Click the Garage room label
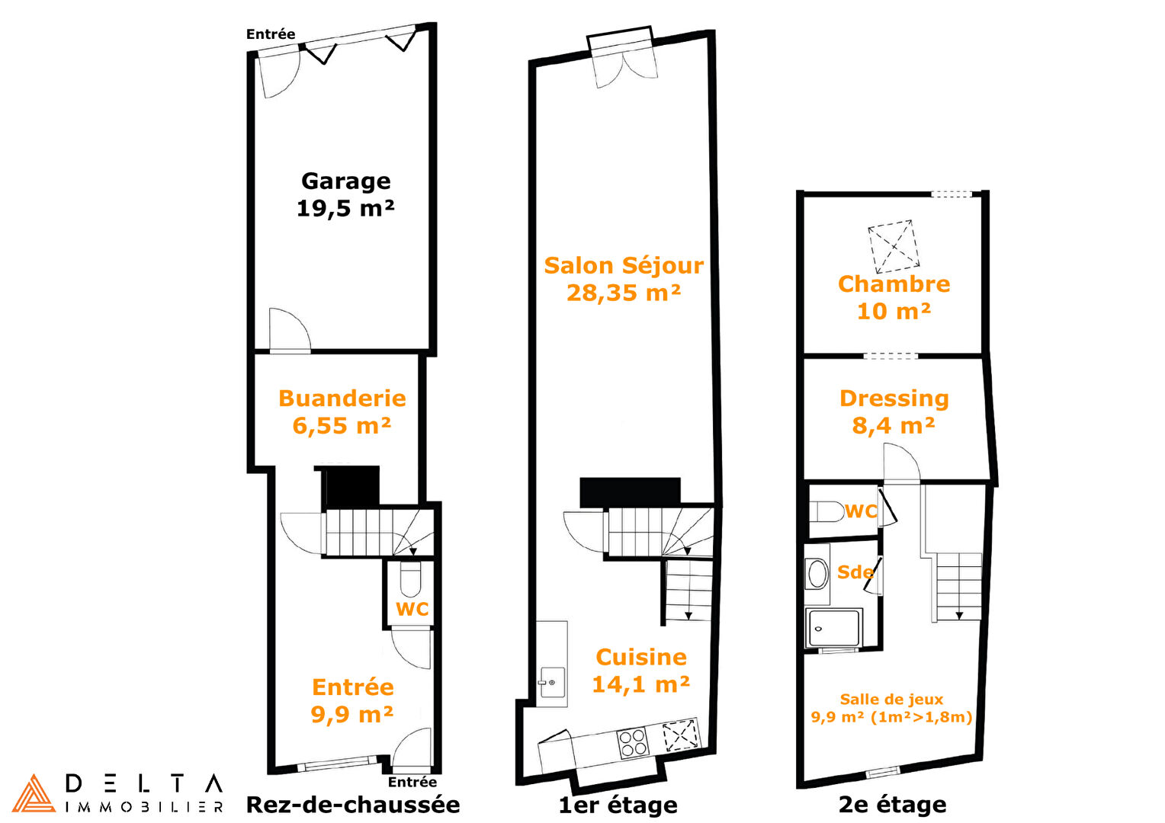[346, 181]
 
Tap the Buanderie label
[342, 399]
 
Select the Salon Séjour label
[624, 266]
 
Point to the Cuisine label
[640, 658]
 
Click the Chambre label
[894, 284]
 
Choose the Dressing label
[894, 399]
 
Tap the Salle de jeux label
[891, 700]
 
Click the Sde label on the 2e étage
[855, 572]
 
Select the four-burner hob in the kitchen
[632, 742]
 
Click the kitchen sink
[552, 681]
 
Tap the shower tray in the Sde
[833, 628]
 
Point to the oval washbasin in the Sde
[817, 574]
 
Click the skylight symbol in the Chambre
[894, 246]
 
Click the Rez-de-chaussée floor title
[353, 805]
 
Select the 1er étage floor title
[618, 805]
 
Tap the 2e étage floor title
[893, 805]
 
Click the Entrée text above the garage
[271, 34]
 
